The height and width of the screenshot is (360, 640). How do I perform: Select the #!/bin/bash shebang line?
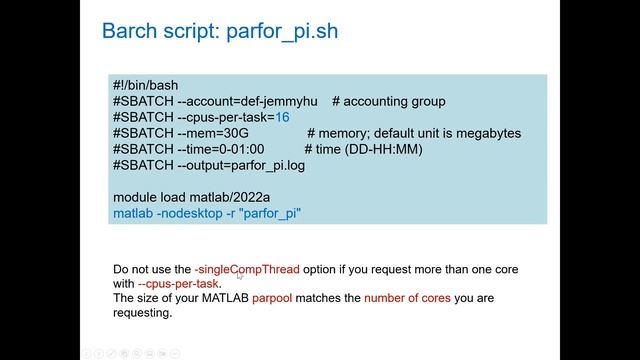point(145,86)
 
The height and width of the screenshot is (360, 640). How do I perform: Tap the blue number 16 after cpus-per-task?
point(283,118)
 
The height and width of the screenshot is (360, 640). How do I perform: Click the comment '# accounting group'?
point(389,102)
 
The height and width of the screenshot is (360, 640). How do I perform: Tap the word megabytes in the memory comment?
point(485,134)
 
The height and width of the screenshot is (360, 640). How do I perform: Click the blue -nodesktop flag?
point(192,214)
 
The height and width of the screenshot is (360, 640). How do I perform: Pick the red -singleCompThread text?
point(247,270)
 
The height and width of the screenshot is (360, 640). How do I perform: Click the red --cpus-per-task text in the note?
point(178,284)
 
